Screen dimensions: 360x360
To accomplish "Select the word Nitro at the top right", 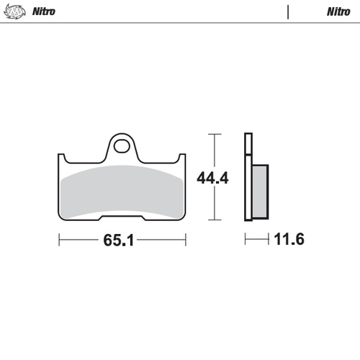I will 338,12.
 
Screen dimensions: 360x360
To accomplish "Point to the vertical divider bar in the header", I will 288,12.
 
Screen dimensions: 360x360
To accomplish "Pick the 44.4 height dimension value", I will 214,177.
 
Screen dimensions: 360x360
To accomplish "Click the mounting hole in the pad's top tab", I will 122,146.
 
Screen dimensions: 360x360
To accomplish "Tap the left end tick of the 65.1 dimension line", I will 59,240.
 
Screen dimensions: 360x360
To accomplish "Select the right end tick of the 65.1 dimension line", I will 186,240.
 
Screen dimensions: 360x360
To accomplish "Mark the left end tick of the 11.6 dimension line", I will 246,240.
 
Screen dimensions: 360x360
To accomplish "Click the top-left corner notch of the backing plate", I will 63,158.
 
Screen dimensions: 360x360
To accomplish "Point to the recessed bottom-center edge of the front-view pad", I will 122,217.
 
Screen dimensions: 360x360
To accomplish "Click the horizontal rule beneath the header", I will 180,23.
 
